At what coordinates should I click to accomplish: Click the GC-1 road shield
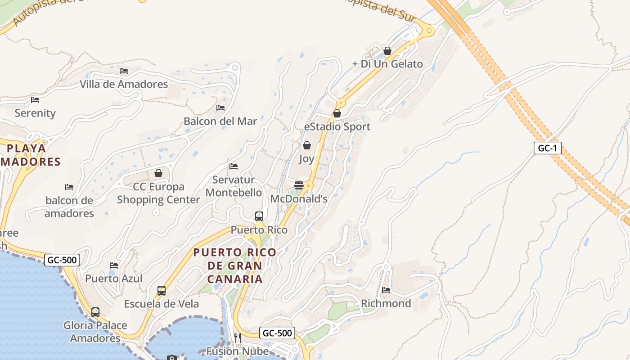coord(548,148)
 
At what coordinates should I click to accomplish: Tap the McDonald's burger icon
coord(298,185)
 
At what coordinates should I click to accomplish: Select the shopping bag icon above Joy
coord(307,145)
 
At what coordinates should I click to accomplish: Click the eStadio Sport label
coord(337,126)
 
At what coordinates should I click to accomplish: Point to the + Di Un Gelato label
coord(387,64)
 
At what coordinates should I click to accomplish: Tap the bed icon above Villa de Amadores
coord(124,71)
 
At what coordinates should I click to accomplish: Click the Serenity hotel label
coord(35,113)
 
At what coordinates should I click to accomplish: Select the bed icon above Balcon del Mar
coord(220,108)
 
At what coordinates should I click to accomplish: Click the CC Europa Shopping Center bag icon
coord(158,173)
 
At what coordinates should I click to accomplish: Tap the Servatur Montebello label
coord(237,186)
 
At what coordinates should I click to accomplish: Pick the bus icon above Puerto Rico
coord(259,216)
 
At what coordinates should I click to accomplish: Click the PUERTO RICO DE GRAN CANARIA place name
coord(234,265)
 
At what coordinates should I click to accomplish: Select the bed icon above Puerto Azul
coord(114,265)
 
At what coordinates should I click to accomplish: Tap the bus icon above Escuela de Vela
coord(162,291)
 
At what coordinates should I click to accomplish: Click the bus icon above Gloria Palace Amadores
coord(95,312)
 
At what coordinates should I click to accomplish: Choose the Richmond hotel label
coord(386,303)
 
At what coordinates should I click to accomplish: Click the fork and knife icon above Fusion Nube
coord(237,337)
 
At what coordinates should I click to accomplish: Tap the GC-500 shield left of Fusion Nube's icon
coord(277,333)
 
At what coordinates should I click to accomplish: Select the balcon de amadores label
coord(69,207)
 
